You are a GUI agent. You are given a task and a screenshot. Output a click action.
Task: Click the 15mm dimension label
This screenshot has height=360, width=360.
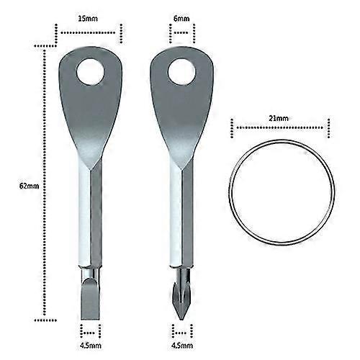point(88,19)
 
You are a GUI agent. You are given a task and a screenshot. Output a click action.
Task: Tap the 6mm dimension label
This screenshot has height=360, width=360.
point(181,19)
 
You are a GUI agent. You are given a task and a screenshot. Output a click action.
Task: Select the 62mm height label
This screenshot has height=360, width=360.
point(29,186)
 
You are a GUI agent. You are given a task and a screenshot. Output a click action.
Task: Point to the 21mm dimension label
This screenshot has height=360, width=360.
point(279,118)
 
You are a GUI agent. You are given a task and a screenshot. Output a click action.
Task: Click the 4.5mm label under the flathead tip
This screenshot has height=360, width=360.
point(91,346)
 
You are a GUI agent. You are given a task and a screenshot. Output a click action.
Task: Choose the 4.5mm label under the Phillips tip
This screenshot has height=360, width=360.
point(182,346)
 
